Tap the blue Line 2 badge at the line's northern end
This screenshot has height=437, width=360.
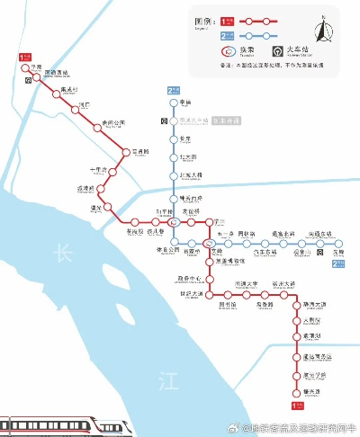click(174, 91)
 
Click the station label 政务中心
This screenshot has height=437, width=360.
click(191, 280)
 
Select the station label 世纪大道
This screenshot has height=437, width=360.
click(191, 294)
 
